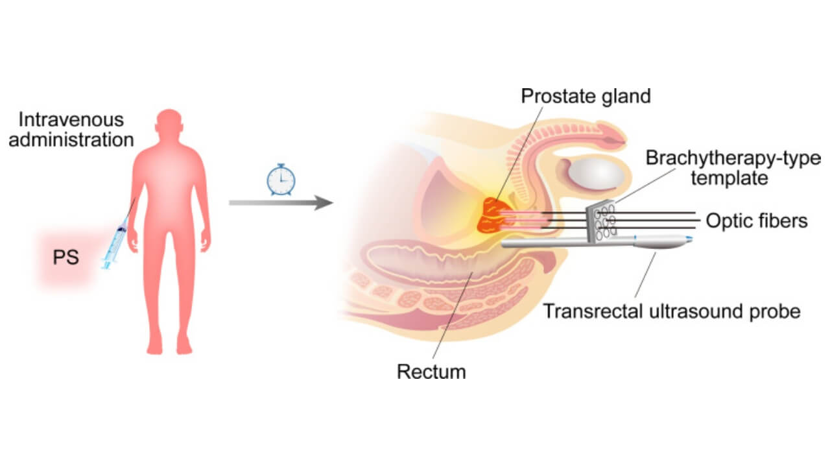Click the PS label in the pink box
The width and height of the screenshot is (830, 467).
point(65,257)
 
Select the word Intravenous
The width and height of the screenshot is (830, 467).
point(71,120)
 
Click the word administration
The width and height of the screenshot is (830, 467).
point(71,139)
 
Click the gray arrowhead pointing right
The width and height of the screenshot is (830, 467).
point(322,203)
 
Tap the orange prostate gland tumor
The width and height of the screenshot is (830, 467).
point(494,216)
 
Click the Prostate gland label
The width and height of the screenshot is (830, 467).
point(586,96)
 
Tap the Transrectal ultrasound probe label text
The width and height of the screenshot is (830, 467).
point(671,311)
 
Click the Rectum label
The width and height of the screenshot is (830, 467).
point(431,372)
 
